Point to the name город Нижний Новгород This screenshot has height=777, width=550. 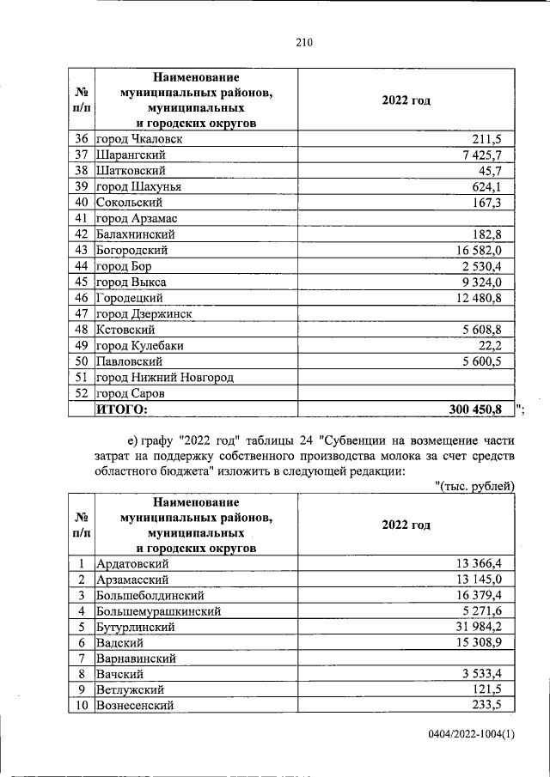[164, 378]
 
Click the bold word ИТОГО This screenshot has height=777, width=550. [121, 410]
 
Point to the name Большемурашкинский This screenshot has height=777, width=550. [159, 611]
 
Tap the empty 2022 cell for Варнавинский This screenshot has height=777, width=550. [406, 659]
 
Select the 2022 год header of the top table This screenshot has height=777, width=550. [406, 100]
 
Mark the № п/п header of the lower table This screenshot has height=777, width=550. [82, 525]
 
